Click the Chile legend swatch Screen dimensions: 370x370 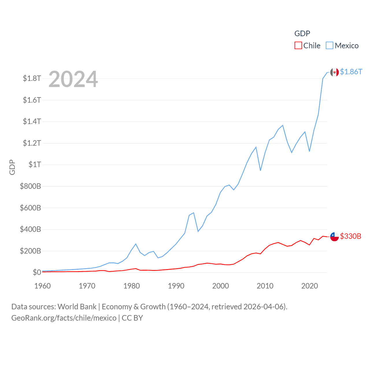[298, 46]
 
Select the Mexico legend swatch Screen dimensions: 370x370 [330, 46]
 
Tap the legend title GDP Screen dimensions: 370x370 [302, 34]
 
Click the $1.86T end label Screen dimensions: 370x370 [351, 72]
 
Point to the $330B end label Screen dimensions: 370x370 [350, 236]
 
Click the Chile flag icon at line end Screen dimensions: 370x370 [334, 236]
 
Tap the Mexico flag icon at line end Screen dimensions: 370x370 [334, 72]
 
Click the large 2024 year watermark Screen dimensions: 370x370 [73, 79]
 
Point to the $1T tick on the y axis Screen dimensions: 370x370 [35, 164]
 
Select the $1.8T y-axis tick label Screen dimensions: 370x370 [32, 78]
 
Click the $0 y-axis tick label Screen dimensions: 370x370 [37, 272]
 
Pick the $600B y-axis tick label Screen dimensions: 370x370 [30, 208]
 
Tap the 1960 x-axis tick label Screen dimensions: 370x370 [42, 286]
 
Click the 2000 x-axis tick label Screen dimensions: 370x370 [221, 286]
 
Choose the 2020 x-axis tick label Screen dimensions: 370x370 [310, 286]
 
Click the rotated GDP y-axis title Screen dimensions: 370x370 [12, 167]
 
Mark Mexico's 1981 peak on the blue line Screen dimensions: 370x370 [136, 244]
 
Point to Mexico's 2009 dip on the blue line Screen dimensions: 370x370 [260, 170]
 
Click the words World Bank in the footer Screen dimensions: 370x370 [77, 306]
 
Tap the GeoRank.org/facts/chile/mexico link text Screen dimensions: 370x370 [64, 318]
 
